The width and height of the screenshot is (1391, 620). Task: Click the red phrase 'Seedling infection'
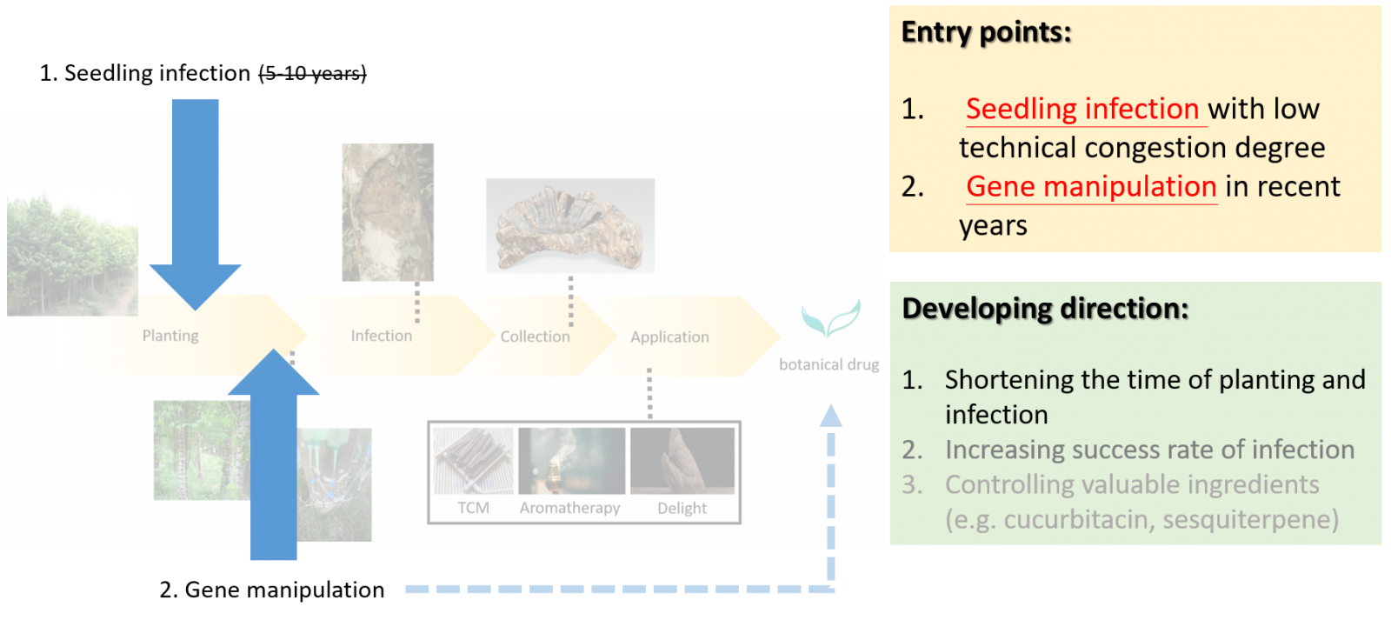pos(1082,109)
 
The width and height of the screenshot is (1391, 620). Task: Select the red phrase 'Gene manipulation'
pos(1091,186)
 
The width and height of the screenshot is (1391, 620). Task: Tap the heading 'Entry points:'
pos(986,32)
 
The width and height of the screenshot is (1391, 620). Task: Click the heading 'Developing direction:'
pos(1045,309)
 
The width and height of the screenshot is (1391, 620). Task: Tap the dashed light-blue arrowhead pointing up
pos(831,417)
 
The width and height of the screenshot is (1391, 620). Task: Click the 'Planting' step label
pos(170,336)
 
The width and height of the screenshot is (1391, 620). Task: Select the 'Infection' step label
pos(382,336)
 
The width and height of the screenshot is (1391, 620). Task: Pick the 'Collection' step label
pos(535,337)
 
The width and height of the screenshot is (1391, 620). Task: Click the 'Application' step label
pos(669,337)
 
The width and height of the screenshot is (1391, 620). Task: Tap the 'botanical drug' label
pos(829,364)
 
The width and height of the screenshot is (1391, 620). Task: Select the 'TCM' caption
pos(474,508)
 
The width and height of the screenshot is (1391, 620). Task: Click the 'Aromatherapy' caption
pos(569,508)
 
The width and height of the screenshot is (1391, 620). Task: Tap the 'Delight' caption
pos(682,508)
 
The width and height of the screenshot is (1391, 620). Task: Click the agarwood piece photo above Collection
pos(570,226)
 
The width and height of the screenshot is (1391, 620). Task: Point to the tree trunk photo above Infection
pos(388,212)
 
